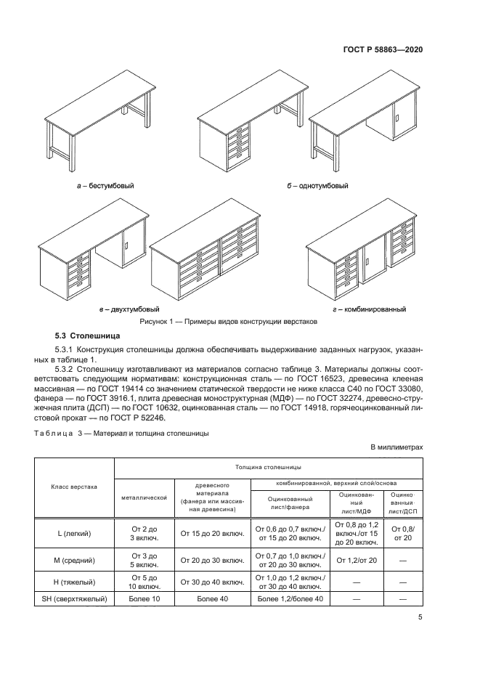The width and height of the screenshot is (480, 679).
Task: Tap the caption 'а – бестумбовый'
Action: tap(105, 186)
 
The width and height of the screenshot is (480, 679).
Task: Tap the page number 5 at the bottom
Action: tap(420, 618)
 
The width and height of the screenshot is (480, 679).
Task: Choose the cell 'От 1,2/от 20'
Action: tap(354, 560)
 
